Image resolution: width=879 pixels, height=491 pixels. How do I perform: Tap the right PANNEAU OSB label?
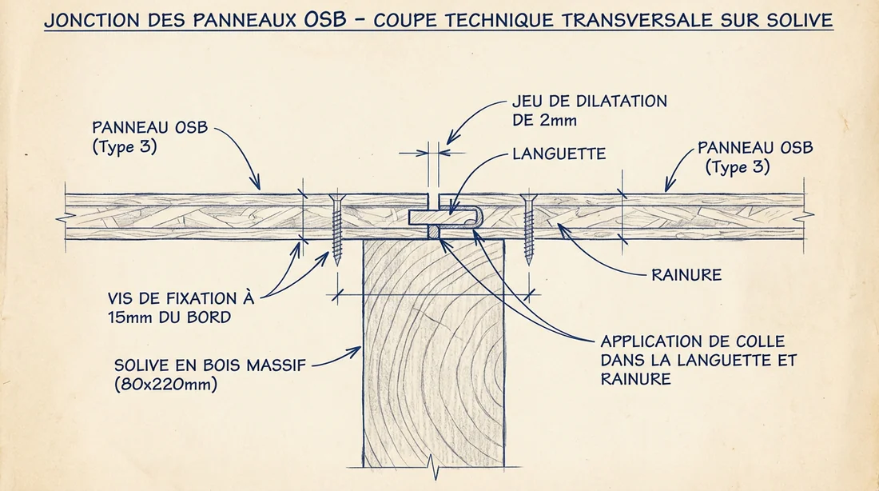click(x=755, y=148)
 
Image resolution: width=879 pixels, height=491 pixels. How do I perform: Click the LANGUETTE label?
click(x=559, y=153)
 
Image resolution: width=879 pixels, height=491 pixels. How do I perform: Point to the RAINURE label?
click(x=686, y=274)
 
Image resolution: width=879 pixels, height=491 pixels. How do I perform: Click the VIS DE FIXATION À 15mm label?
click(x=181, y=306)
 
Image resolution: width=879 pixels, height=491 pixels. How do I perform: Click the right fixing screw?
click(x=527, y=228)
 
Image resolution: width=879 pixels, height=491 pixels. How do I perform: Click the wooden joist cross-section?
click(x=433, y=352)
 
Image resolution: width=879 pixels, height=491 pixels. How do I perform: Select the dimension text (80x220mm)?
click(x=165, y=384)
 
